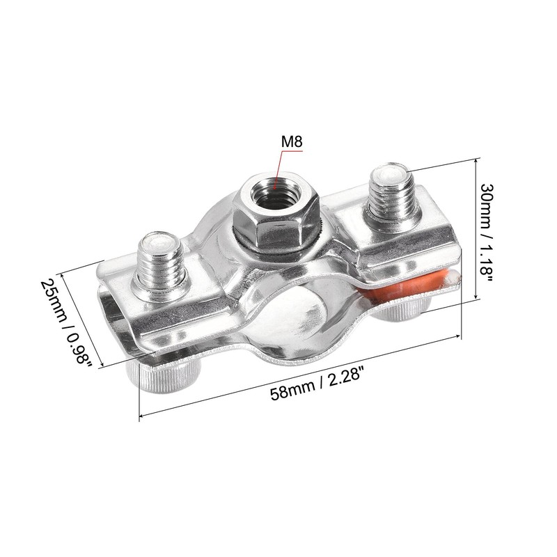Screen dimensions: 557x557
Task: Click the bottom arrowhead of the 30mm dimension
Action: point(475,297)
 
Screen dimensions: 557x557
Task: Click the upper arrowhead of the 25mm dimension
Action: point(63,274)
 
